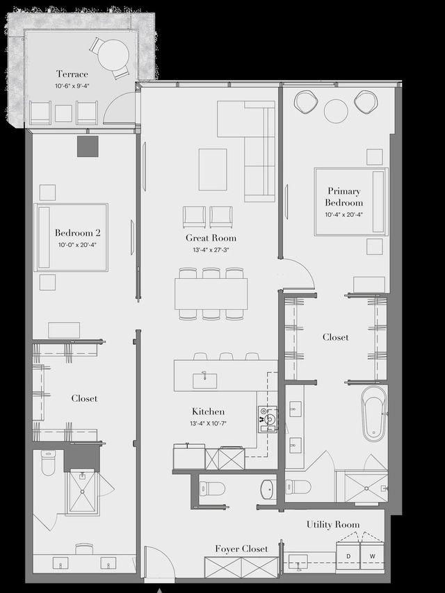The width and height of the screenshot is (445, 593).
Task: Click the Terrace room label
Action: tap(72, 74)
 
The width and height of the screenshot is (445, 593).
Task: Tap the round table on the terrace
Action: tap(113, 54)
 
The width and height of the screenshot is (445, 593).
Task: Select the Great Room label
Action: tap(211, 238)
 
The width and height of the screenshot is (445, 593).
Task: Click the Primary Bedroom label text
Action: tap(343, 197)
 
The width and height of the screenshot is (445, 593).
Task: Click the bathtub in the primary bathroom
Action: tap(373, 414)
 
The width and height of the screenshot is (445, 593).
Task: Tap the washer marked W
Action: tap(372, 555)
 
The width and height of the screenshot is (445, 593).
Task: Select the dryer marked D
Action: tap(348, 555)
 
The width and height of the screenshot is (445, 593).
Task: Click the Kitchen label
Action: tap(208, 412)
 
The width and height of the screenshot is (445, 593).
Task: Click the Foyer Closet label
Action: tap(241, 549)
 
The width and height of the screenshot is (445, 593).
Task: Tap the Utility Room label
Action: tap(333, 524)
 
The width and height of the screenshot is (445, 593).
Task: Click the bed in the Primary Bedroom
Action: tap(350, 201)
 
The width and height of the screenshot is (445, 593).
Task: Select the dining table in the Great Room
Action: tap(211, 293)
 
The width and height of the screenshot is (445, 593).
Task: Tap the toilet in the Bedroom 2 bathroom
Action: tap(48, 464)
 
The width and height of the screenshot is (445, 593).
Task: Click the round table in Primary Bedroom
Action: tap(336, 111)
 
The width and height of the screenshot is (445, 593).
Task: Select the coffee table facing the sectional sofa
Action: tap(213, 169)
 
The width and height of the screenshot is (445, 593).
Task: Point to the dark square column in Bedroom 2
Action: tap(88, 147)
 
